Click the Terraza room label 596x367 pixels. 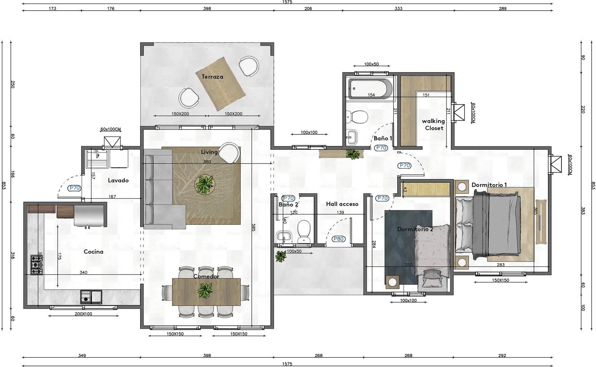212,77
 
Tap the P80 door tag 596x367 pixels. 338,239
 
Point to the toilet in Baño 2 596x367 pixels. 304,231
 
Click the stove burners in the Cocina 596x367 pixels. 36,265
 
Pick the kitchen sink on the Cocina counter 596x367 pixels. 91,297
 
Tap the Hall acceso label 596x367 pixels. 342,204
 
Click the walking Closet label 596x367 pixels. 433,125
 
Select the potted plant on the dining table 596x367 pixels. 205,291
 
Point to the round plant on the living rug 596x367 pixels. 204,184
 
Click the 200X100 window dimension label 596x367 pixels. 83,314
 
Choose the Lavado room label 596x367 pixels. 118,180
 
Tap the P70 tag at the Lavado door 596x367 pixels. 74,188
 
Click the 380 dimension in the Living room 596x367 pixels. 207,162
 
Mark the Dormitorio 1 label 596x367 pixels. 489,185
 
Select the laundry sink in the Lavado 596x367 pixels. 97,159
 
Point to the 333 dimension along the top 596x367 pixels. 398,8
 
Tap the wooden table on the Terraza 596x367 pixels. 220,84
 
